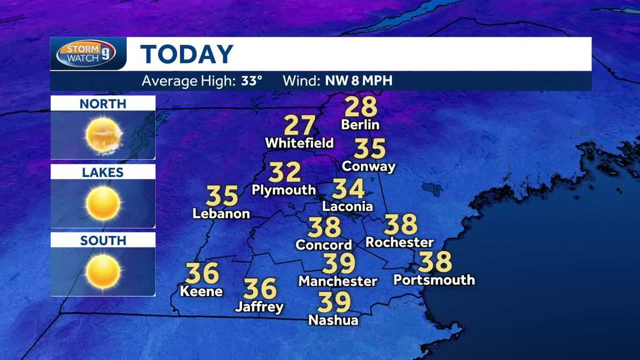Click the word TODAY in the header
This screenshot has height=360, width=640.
187,54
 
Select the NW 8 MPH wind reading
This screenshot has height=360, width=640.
356,82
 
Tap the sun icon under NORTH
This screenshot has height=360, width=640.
103,134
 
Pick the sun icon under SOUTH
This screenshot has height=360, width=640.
103,271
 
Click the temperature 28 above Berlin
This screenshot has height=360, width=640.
361,107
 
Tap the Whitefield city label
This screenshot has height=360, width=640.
299,143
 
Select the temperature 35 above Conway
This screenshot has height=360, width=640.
370,149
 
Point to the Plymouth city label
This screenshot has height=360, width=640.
284,190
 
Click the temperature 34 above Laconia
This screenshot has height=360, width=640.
348,189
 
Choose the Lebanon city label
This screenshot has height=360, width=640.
221,214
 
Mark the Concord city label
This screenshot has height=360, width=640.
324,245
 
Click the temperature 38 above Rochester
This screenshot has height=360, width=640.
400,225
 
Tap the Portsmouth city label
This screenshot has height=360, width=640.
434,279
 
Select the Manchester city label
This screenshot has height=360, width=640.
338,281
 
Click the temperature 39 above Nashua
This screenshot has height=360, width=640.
334,303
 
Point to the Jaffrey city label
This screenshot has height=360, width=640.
259,307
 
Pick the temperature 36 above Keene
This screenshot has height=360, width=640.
202,274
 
